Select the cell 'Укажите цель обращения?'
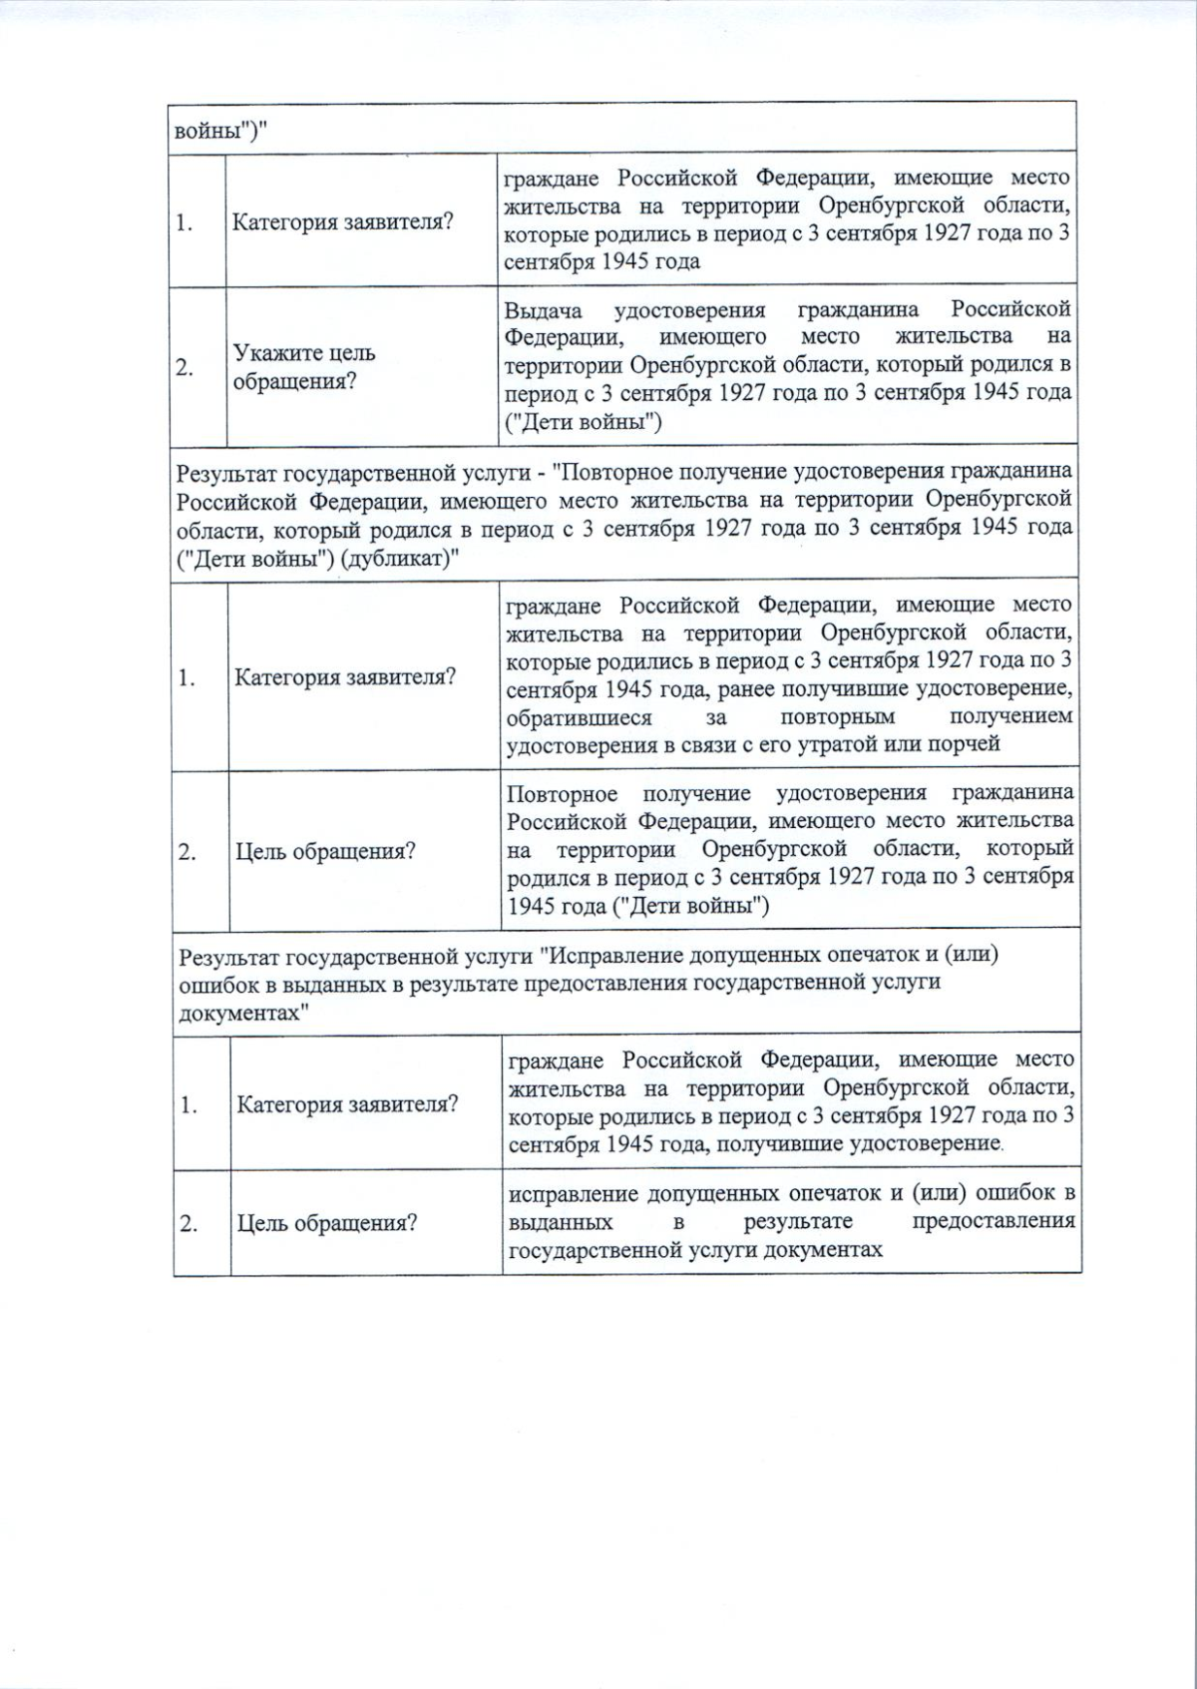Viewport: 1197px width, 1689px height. point(304,367)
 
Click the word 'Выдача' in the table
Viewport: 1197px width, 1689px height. point(543,310)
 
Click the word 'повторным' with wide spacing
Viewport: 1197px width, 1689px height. point(837,717)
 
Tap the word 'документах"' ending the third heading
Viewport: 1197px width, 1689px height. point(243,1013)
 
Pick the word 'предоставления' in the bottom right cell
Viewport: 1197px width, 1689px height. point(994,1222)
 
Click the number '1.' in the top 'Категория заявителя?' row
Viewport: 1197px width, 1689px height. point(185,222)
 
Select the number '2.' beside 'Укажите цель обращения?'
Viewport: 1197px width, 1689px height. point(185,367)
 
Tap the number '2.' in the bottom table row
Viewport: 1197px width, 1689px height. point(189,1223)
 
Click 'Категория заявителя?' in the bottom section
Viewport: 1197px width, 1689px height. point(347,1105)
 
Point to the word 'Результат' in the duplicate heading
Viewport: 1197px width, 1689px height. point(228,472)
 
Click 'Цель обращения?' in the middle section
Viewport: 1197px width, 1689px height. point(325,852)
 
